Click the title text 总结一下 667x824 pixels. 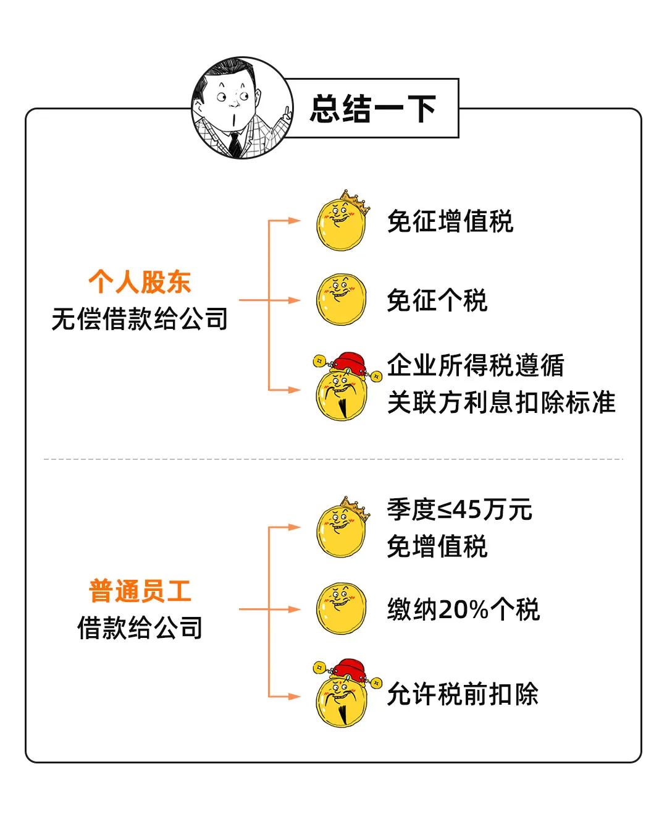(373, 109)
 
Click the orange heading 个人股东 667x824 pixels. (140, 282)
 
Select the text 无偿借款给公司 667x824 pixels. (140, 319)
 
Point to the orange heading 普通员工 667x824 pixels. (140, 591)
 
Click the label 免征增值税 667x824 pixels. (450, 221)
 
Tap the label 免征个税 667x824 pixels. (437, 300)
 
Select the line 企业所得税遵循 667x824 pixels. (476, 365)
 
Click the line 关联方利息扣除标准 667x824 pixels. (501, 402)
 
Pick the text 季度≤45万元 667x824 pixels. (459, 510)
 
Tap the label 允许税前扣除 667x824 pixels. (463, 694)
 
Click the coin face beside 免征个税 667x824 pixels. (341, 300)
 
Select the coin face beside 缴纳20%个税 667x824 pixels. (341, 608)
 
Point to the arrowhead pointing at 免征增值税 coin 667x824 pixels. (295, 221)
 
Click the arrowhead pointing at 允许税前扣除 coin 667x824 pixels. (295, 697)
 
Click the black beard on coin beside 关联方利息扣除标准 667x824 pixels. (342, 406)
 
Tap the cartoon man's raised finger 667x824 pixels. (286, 112)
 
